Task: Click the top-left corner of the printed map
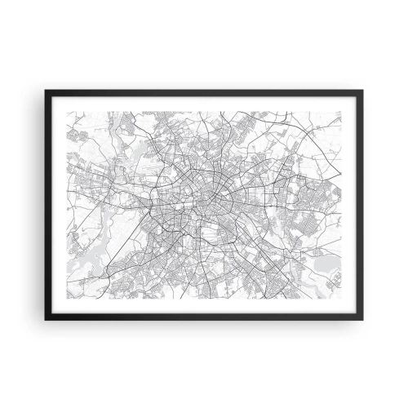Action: (x=66, y=112)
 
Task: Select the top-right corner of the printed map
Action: (x=342, y=112)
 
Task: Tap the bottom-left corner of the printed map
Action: (x=66, y=297)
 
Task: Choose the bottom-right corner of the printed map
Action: (x=342, y=297)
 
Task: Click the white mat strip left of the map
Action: (x=53, y=204)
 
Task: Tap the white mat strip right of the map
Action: (x=355, y=204)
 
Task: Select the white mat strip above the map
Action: (x=204, y=104)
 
